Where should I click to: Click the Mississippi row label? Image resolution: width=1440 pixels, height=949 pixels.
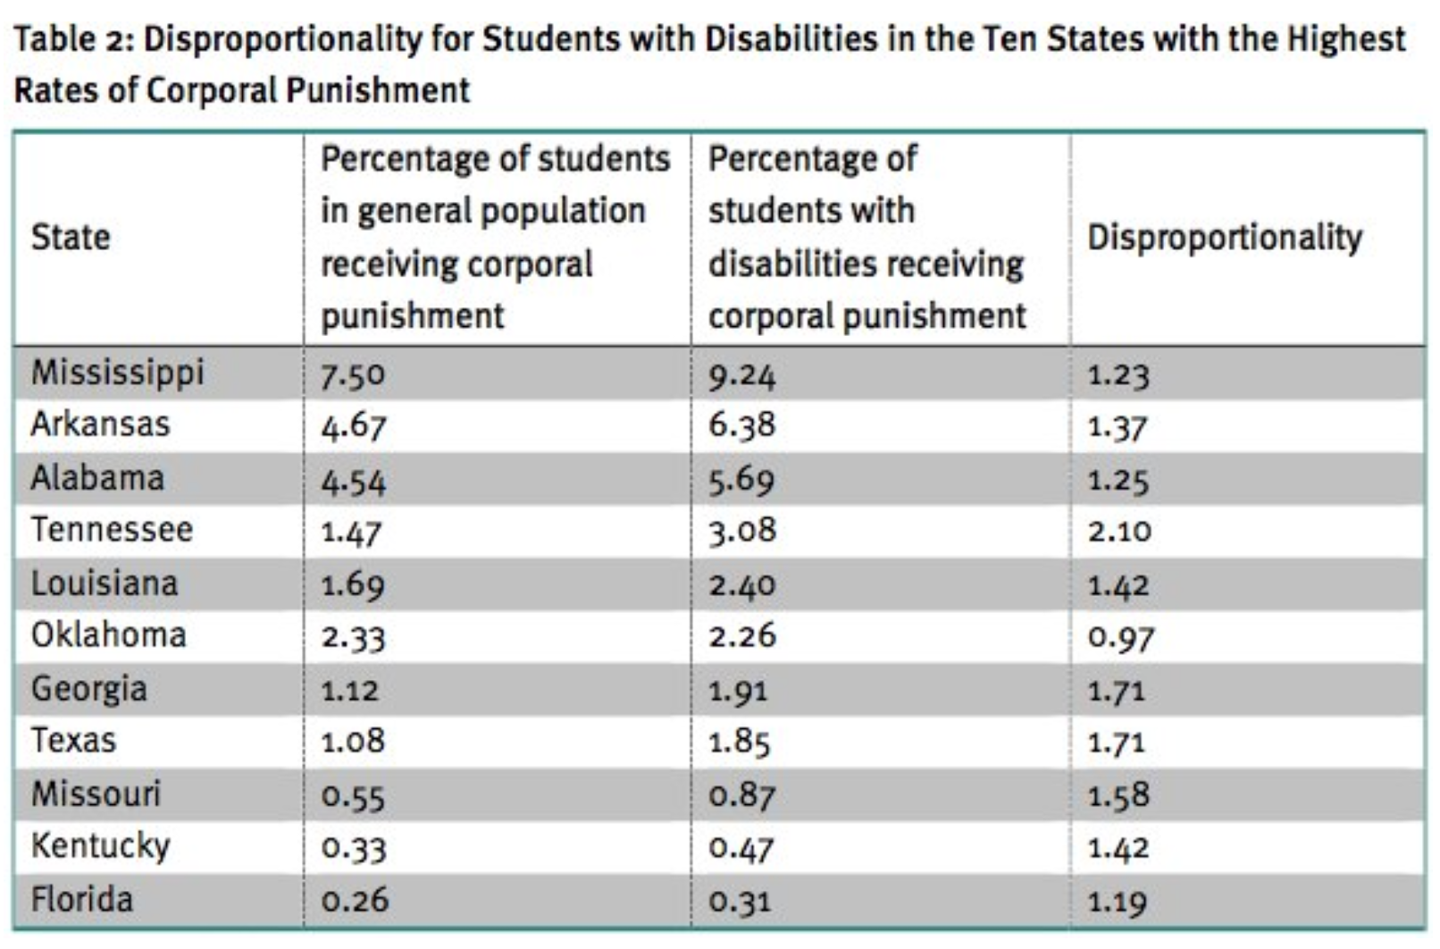pyautogui.click(x=118, y=373)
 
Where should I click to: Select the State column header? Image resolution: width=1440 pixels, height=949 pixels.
pyautogui.click(x=71, y=238)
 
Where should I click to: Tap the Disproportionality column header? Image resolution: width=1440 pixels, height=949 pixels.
pyautogui.click(x=1225, y=238)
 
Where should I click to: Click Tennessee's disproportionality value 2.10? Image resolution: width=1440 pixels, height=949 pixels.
pyautogui.click(x=1119, y=531)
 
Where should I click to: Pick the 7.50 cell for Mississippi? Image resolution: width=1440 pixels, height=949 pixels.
pyautogui.click(x=353, y=374)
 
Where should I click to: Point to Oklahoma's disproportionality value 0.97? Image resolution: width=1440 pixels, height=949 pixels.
pyautogui.click(x=1121, y=636)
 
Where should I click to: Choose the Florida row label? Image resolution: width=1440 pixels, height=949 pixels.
pyautogui.click(x=82, y=899)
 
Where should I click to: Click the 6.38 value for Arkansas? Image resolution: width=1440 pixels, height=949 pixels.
pyautogui.click(x=741, y=425)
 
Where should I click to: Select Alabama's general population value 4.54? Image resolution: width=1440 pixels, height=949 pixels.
pyautogui.click(x=354, y=480)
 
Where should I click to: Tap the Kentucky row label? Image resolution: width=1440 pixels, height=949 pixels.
pyautogui.click(x=100, y=846)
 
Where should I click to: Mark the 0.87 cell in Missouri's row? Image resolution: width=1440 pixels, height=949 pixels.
pyautogui.click(x=741, y=794)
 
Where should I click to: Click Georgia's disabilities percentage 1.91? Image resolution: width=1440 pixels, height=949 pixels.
pyautogui.click(x=738, y=690)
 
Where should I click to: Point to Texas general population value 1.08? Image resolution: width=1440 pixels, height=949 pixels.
pyautogui.click(x=353, y=742)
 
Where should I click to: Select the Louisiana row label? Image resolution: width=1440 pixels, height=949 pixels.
pyautogui.click(x=105, y=584)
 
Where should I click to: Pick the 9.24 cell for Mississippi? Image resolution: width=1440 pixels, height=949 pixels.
pyautogui.click(x=741, y=374)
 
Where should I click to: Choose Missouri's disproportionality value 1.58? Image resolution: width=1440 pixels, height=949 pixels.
pyautogui.click(x=1118, y=794)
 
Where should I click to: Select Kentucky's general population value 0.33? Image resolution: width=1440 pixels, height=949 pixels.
pyautogui.click(x=354, y=847)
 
